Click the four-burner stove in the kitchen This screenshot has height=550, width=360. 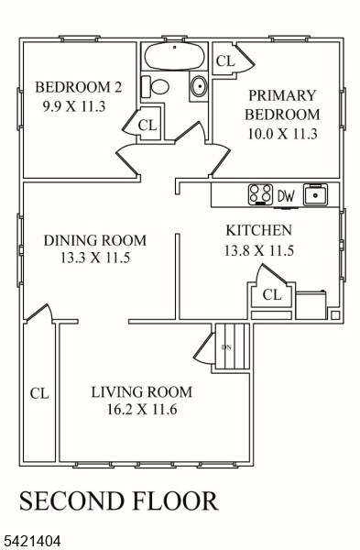click(x=260, y=194)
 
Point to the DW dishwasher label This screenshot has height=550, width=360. click(x=286, y=195)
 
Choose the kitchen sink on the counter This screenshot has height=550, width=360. click(x=316, y=194)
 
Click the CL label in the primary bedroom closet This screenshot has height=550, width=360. click(x=224, y=61)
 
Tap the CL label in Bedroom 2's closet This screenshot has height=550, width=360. click(x=147, y=125)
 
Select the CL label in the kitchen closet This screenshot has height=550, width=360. click(x=271, y=294)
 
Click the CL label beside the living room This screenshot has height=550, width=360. click(x=38, y=393)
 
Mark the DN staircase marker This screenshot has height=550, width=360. click(x=226, y=346)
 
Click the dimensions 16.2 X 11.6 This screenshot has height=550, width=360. click(x=141, y=409)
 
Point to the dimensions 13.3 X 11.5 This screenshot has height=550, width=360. click(x=94, y=258)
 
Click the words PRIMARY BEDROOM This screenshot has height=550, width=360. click(x=283, y=105)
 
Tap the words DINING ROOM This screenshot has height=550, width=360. click(x=94, y=240)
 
